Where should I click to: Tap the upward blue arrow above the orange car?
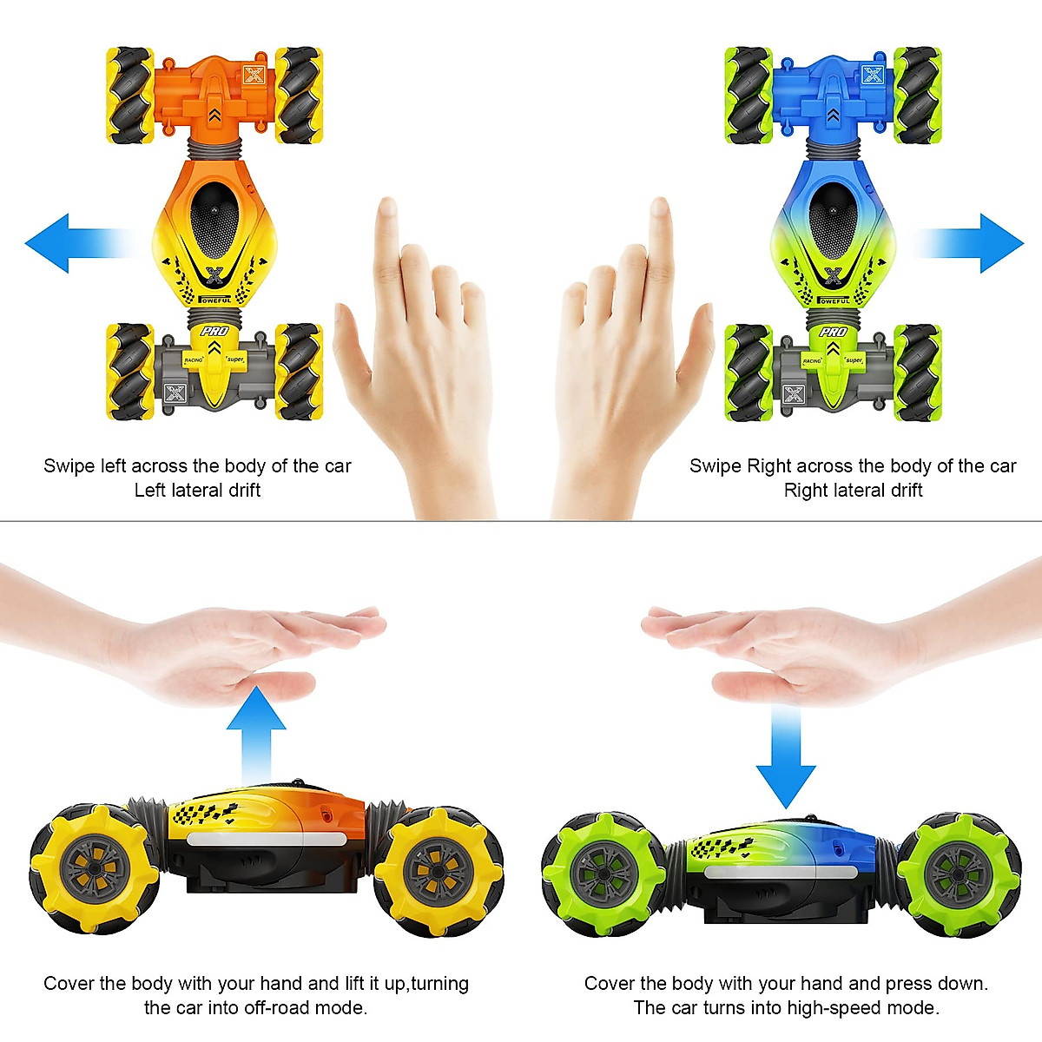(256, 729)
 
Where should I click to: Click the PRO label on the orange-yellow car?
(214, 332)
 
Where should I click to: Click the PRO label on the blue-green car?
(834, 332)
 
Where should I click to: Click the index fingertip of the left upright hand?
(386, 208)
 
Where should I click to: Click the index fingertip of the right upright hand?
(660, 208)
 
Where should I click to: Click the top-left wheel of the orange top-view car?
(130, 96)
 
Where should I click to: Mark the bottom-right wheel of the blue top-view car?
(918, 373)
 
